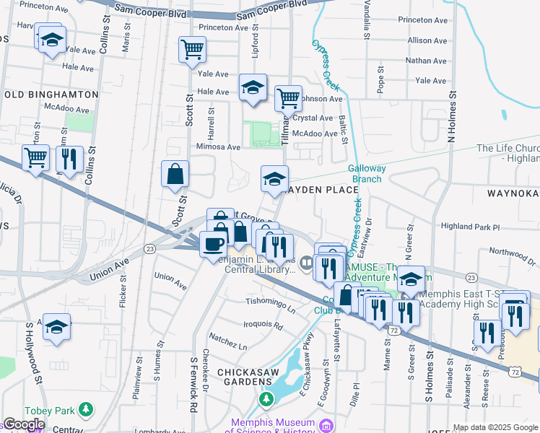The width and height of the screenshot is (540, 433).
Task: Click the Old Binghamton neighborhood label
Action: (x=51, y=95)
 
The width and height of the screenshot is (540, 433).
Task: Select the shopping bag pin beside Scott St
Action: (x=175, y=174)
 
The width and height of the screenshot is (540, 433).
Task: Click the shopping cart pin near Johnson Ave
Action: (x=288, y=97)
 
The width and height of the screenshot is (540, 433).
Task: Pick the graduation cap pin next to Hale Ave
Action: (x=253, y=87)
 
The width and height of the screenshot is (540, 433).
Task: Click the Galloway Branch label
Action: (x=367, y=173)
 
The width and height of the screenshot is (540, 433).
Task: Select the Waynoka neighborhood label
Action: (x=513, y=193)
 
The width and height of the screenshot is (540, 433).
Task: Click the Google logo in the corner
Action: (x=24, y=425)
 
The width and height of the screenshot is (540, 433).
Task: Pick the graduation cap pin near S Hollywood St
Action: (x=56, y=326)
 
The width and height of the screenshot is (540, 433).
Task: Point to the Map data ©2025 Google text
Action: (x=495, y=427)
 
